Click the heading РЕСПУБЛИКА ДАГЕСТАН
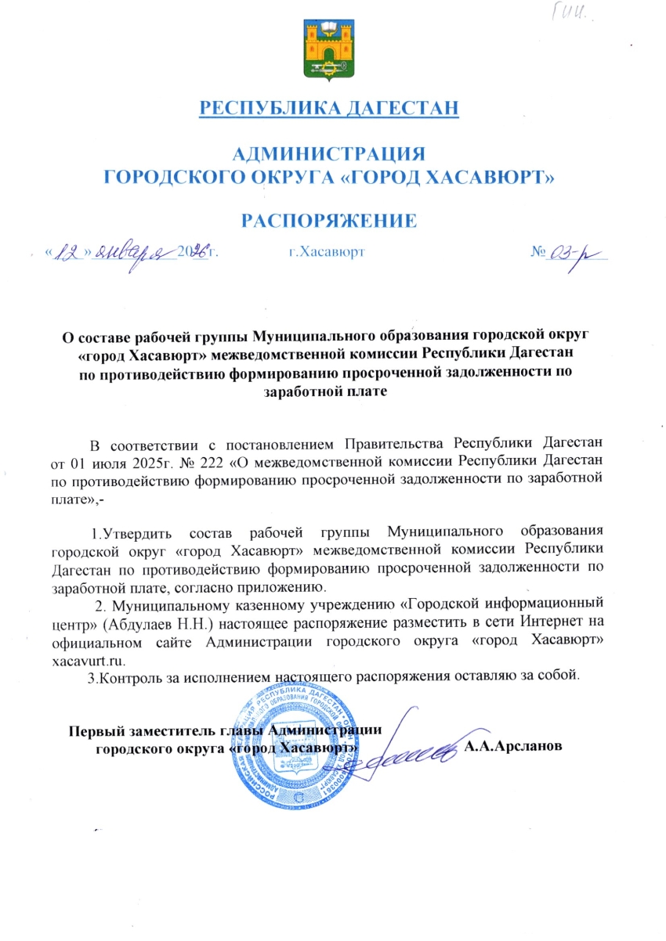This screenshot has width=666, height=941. point(330,107)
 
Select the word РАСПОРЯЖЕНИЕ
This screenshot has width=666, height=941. point(330,221)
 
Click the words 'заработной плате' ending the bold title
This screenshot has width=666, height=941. point(330,391)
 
